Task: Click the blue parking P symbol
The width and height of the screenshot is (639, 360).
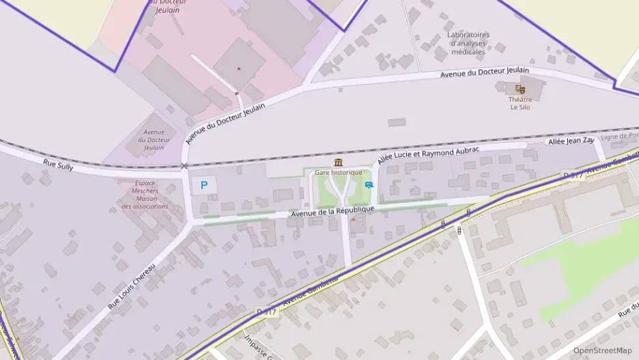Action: click(203, 184)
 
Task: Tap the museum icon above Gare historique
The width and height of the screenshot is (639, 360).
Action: click(339, 162)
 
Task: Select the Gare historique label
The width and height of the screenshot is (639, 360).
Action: click(339, 172)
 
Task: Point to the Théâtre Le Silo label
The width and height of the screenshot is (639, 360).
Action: click(520, 103)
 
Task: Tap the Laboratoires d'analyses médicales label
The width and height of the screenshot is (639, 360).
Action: click(468, 42)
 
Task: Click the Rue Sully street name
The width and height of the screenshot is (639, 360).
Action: click(57, 165)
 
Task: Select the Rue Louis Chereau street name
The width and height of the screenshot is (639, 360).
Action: click(132, 287)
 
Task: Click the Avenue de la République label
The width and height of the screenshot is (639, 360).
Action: click(333, 212)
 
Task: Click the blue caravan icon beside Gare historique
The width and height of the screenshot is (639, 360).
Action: click(369, 184)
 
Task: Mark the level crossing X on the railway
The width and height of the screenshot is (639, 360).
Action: click(184, 166)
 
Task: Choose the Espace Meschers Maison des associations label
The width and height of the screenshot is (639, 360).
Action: click(145, 195)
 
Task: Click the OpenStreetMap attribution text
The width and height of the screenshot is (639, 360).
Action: click(602, 350)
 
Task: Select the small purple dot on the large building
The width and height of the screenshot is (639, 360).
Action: click(239, 68)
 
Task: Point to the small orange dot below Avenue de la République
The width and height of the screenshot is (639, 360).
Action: click(352, 219)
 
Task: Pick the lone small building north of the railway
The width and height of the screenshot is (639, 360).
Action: click(397, 122)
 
